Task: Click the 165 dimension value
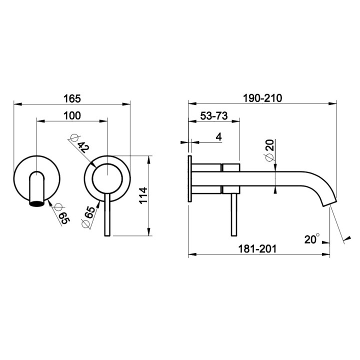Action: point(72,98)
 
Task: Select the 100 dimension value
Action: point(72,115)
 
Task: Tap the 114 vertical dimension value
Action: point(143,195)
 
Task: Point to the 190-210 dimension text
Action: point(262,98)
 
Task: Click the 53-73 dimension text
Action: point(214,115)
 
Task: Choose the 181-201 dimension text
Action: point(257,249)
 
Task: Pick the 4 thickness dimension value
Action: point(219,137)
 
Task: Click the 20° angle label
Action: point(312,239)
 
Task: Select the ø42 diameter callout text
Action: point(79,143)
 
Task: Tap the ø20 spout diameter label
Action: point(270,150)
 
